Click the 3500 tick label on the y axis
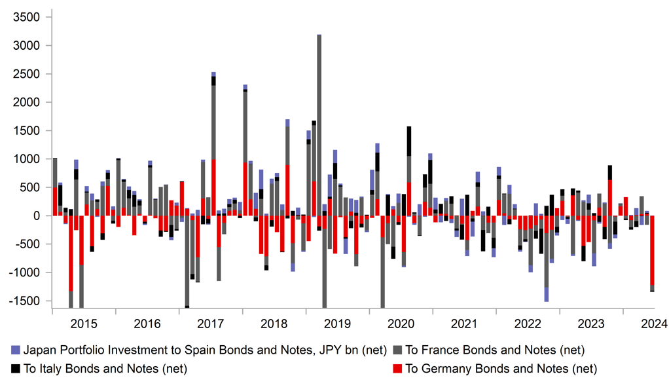pos(27,17)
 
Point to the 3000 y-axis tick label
pos(27,46)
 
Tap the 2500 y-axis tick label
pos(27,74)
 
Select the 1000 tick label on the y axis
pos(27,159)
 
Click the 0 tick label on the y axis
pos(37,216)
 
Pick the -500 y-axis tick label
pos(29,244)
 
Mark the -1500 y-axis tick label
pos(27,301)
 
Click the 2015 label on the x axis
pos(84,324)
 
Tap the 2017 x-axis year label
pos(211,324)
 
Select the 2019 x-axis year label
pos(337,324)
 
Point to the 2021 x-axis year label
pos(464,324)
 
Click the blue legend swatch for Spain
pos(16,350)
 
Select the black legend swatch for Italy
pos(16,369)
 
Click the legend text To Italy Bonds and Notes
pos(105,369)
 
